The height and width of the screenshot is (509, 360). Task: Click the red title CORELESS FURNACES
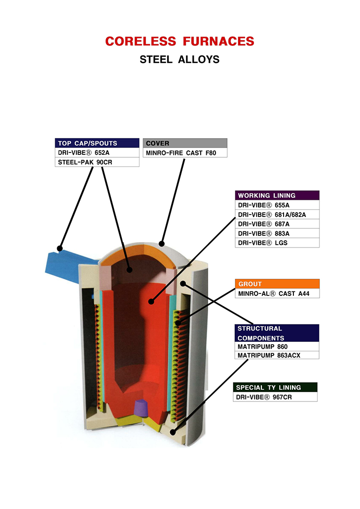(x=180, y=41)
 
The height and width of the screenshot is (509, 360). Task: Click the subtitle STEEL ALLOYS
(x=180, y=60)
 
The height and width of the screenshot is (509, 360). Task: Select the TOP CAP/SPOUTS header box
(x=97, y=143)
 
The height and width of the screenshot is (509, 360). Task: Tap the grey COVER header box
(x=185, y=143)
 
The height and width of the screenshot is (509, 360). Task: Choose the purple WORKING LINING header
(x=277, y=195)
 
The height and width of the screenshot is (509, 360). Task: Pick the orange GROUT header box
(x=277, y=284)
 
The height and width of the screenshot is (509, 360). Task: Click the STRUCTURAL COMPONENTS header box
(x=277, y=333)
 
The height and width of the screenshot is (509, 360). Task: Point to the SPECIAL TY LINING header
(x=275, y=388)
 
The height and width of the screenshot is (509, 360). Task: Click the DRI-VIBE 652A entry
(x=97, y=153)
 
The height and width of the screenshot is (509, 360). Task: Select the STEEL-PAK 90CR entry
(x=97, y=162)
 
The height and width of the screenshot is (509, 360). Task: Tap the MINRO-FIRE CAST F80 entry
(x=185, y=153)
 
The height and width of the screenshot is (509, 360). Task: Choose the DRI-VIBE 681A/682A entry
(x=277, y=215)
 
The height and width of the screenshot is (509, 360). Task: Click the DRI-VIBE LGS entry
(x=277, y=243)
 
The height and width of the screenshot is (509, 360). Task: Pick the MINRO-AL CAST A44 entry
(x=277, y=293)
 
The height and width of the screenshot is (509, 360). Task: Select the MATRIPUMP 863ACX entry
(x=277, y=355)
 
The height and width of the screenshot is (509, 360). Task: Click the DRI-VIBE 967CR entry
(x=275, y=397)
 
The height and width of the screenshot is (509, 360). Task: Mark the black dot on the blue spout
(x=60, y=248)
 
